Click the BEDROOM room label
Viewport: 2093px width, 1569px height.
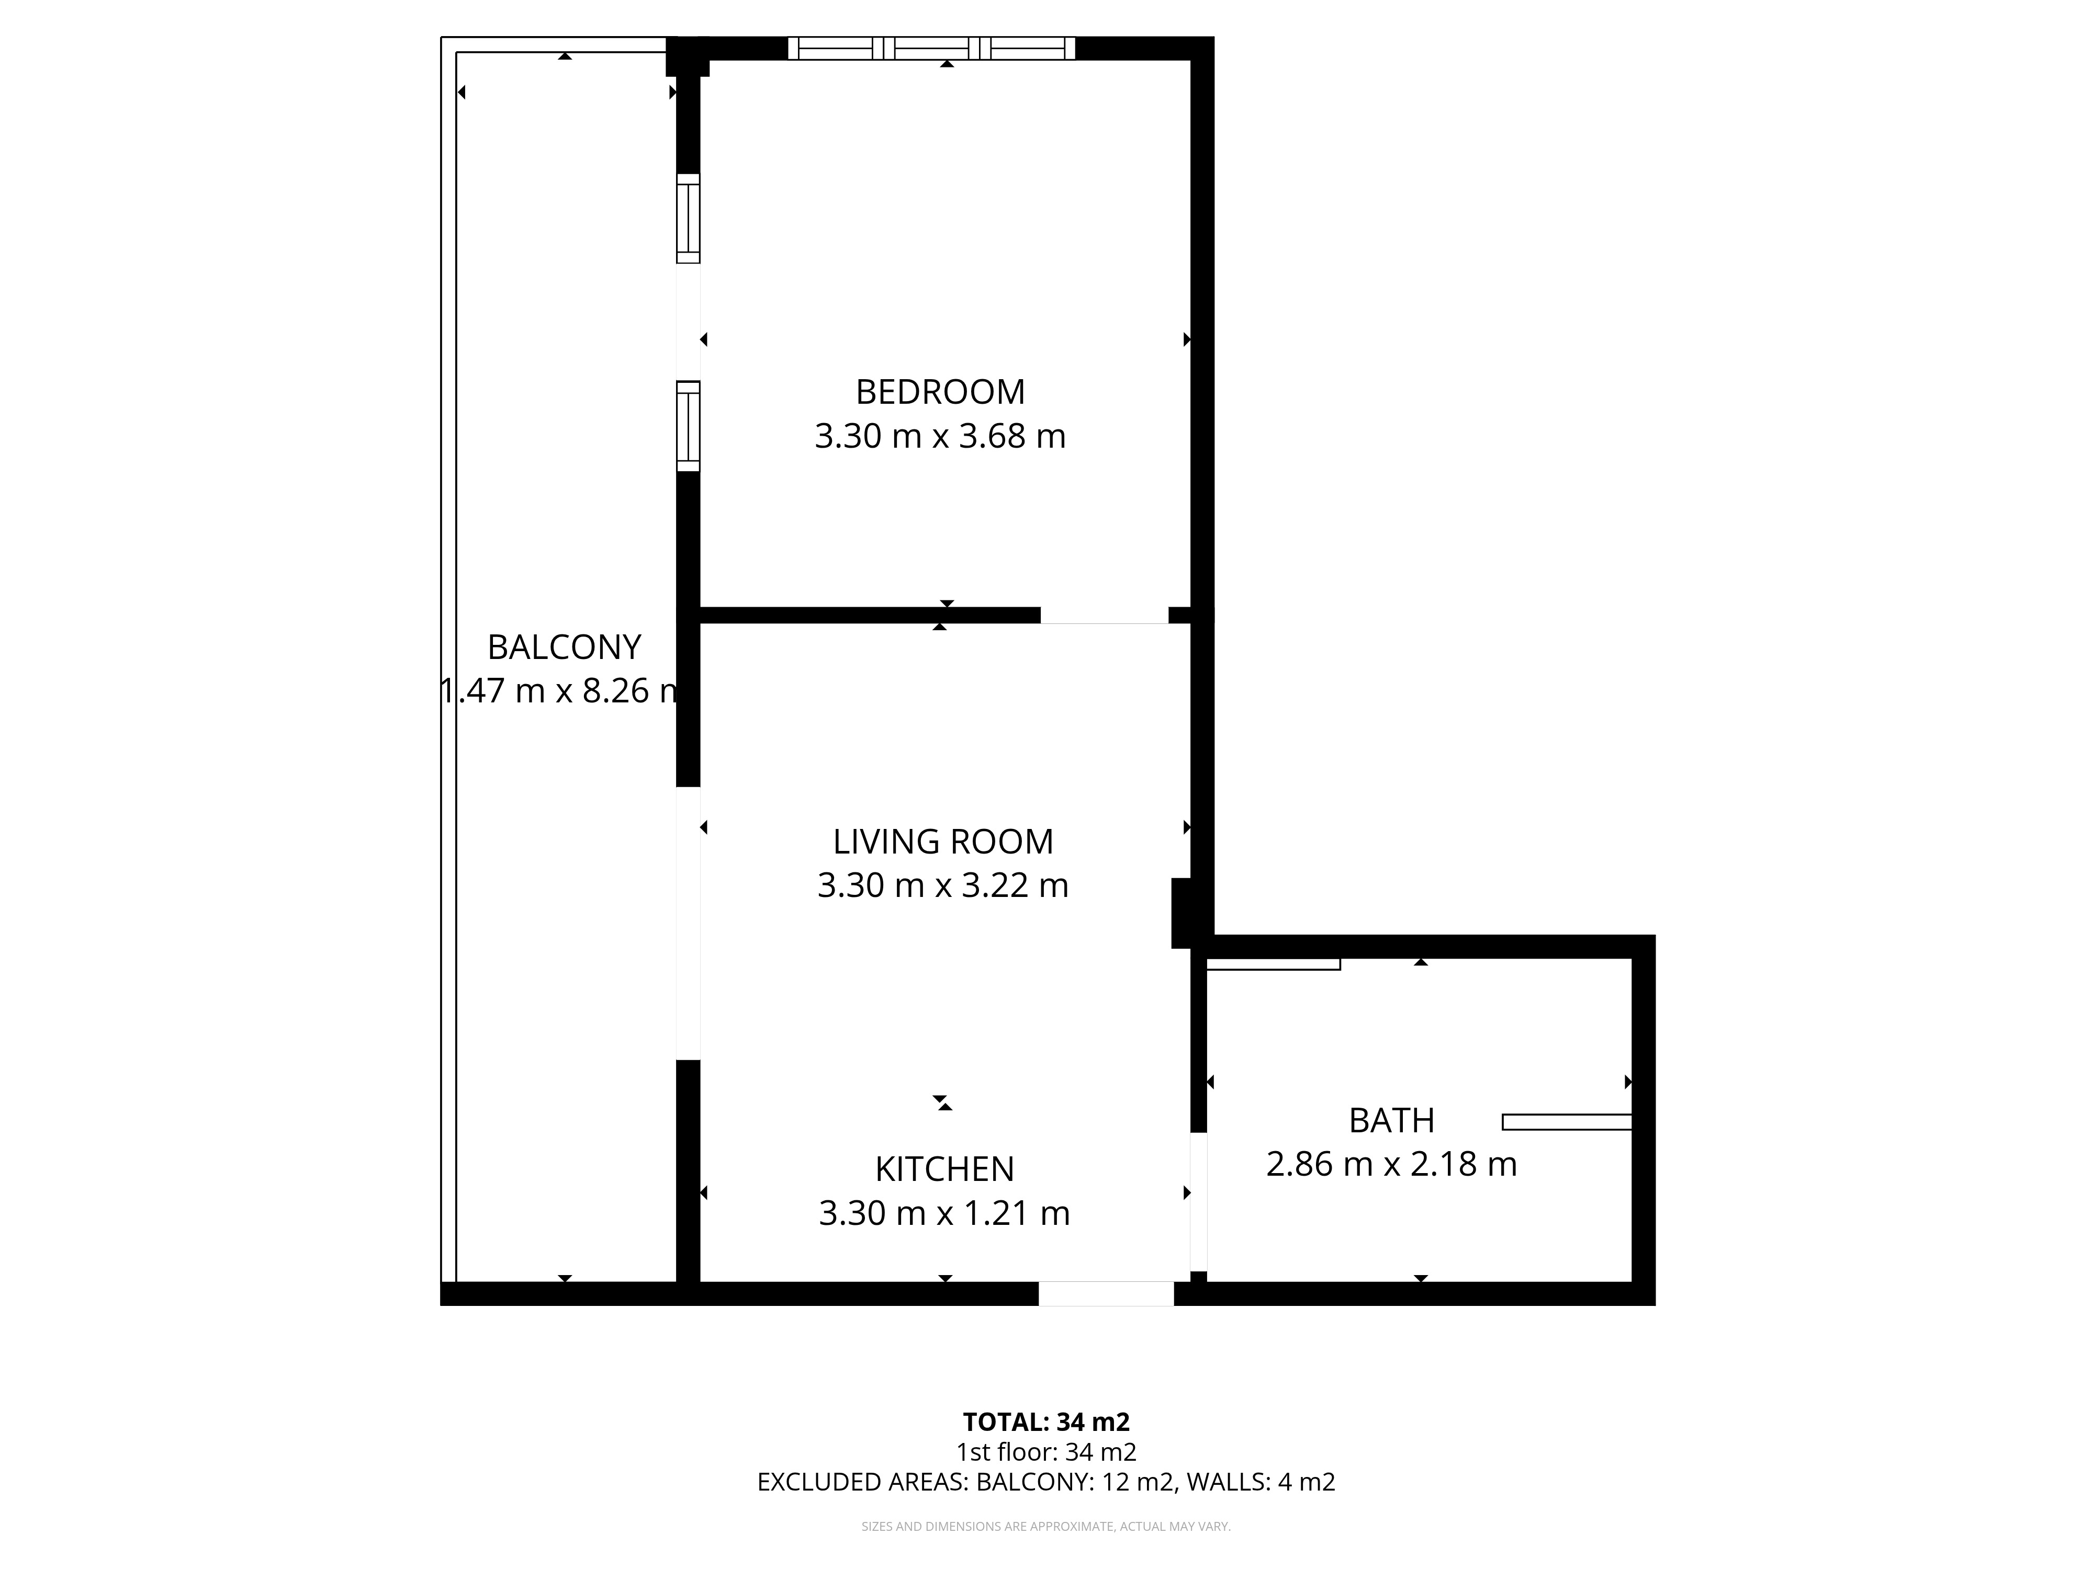[940, 392]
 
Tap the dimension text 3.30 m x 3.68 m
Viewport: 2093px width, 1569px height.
[940, 436]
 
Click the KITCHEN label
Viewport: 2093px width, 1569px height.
[944, 1170]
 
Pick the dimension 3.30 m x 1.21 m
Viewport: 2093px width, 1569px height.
[944, 1213]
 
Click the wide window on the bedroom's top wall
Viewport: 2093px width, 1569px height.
[932, 48]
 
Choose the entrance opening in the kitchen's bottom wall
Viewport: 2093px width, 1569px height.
[1106, 1294]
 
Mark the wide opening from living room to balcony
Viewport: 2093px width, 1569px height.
[688, 923]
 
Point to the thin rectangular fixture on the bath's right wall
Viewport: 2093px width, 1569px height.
[1567, 1122]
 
